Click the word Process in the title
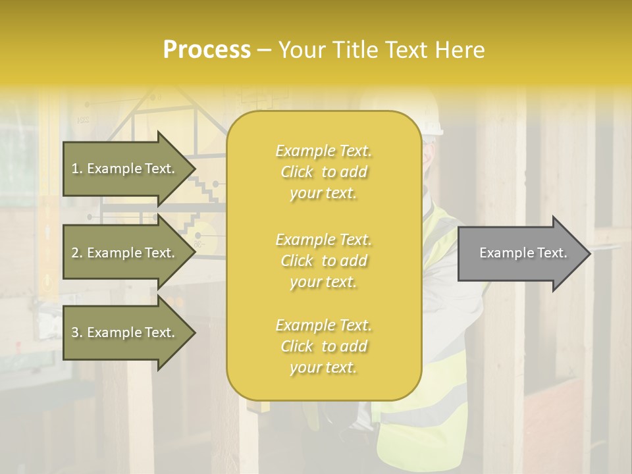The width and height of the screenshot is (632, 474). pyautogui.click(x=207, y=50)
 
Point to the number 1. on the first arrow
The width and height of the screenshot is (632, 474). pyautogui.click(x=76, y=169)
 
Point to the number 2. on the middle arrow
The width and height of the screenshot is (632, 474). pyautogui.click(x=76, y=253)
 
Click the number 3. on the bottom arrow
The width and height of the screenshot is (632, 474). pyautogui.click(x=76, y=332)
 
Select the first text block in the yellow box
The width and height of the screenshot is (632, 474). pyautogui.click(x=323, y=172)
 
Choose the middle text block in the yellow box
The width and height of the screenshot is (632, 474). pyautogui.click(x=323, y=261)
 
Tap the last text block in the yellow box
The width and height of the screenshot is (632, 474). pyautogui.click(x=323, y=346)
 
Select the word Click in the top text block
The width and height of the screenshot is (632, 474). pyautogui.click(x=297, y=172)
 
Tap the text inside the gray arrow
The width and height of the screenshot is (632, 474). pyautogui.click(x=523, y=253)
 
